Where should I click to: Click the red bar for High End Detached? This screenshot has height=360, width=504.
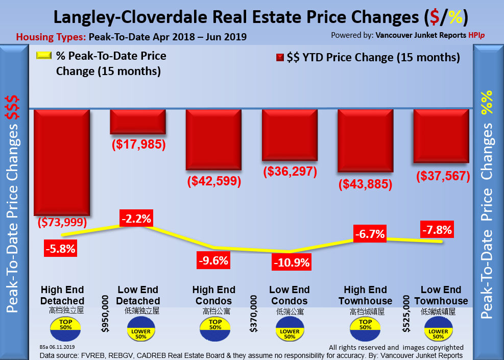(x=62, y=162)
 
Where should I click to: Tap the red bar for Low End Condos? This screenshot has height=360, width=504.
(x=290, y=135)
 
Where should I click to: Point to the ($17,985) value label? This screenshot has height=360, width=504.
(x=138, y=145)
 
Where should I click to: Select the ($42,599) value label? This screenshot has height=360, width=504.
(x=214, y=181)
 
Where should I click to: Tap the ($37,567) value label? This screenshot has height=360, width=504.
(x=443, y=176)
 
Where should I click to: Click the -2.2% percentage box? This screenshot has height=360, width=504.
(x=136, y=219)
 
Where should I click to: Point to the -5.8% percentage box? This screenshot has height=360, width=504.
(x=60, y=250)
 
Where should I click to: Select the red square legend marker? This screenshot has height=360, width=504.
(x=279, y=58)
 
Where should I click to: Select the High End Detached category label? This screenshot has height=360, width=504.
(x=62, y=295)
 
